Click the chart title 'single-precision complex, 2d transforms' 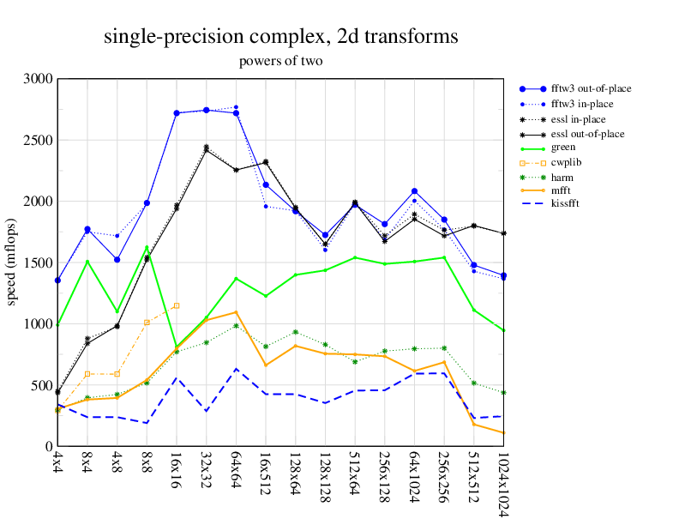(x=280, y=37)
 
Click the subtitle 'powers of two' (x=280, y=61)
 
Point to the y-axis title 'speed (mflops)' (x=12, y=262)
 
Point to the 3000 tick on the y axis (x=39, y=79)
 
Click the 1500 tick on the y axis (x=39, y=262)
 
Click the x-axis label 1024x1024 (x=503, y=485)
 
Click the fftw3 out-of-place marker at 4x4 (x=57, y=281)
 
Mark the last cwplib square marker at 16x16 (x=176, y=305)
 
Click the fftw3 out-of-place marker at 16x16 (x=176, y=113)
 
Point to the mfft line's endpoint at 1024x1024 (x=503, y=433)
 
